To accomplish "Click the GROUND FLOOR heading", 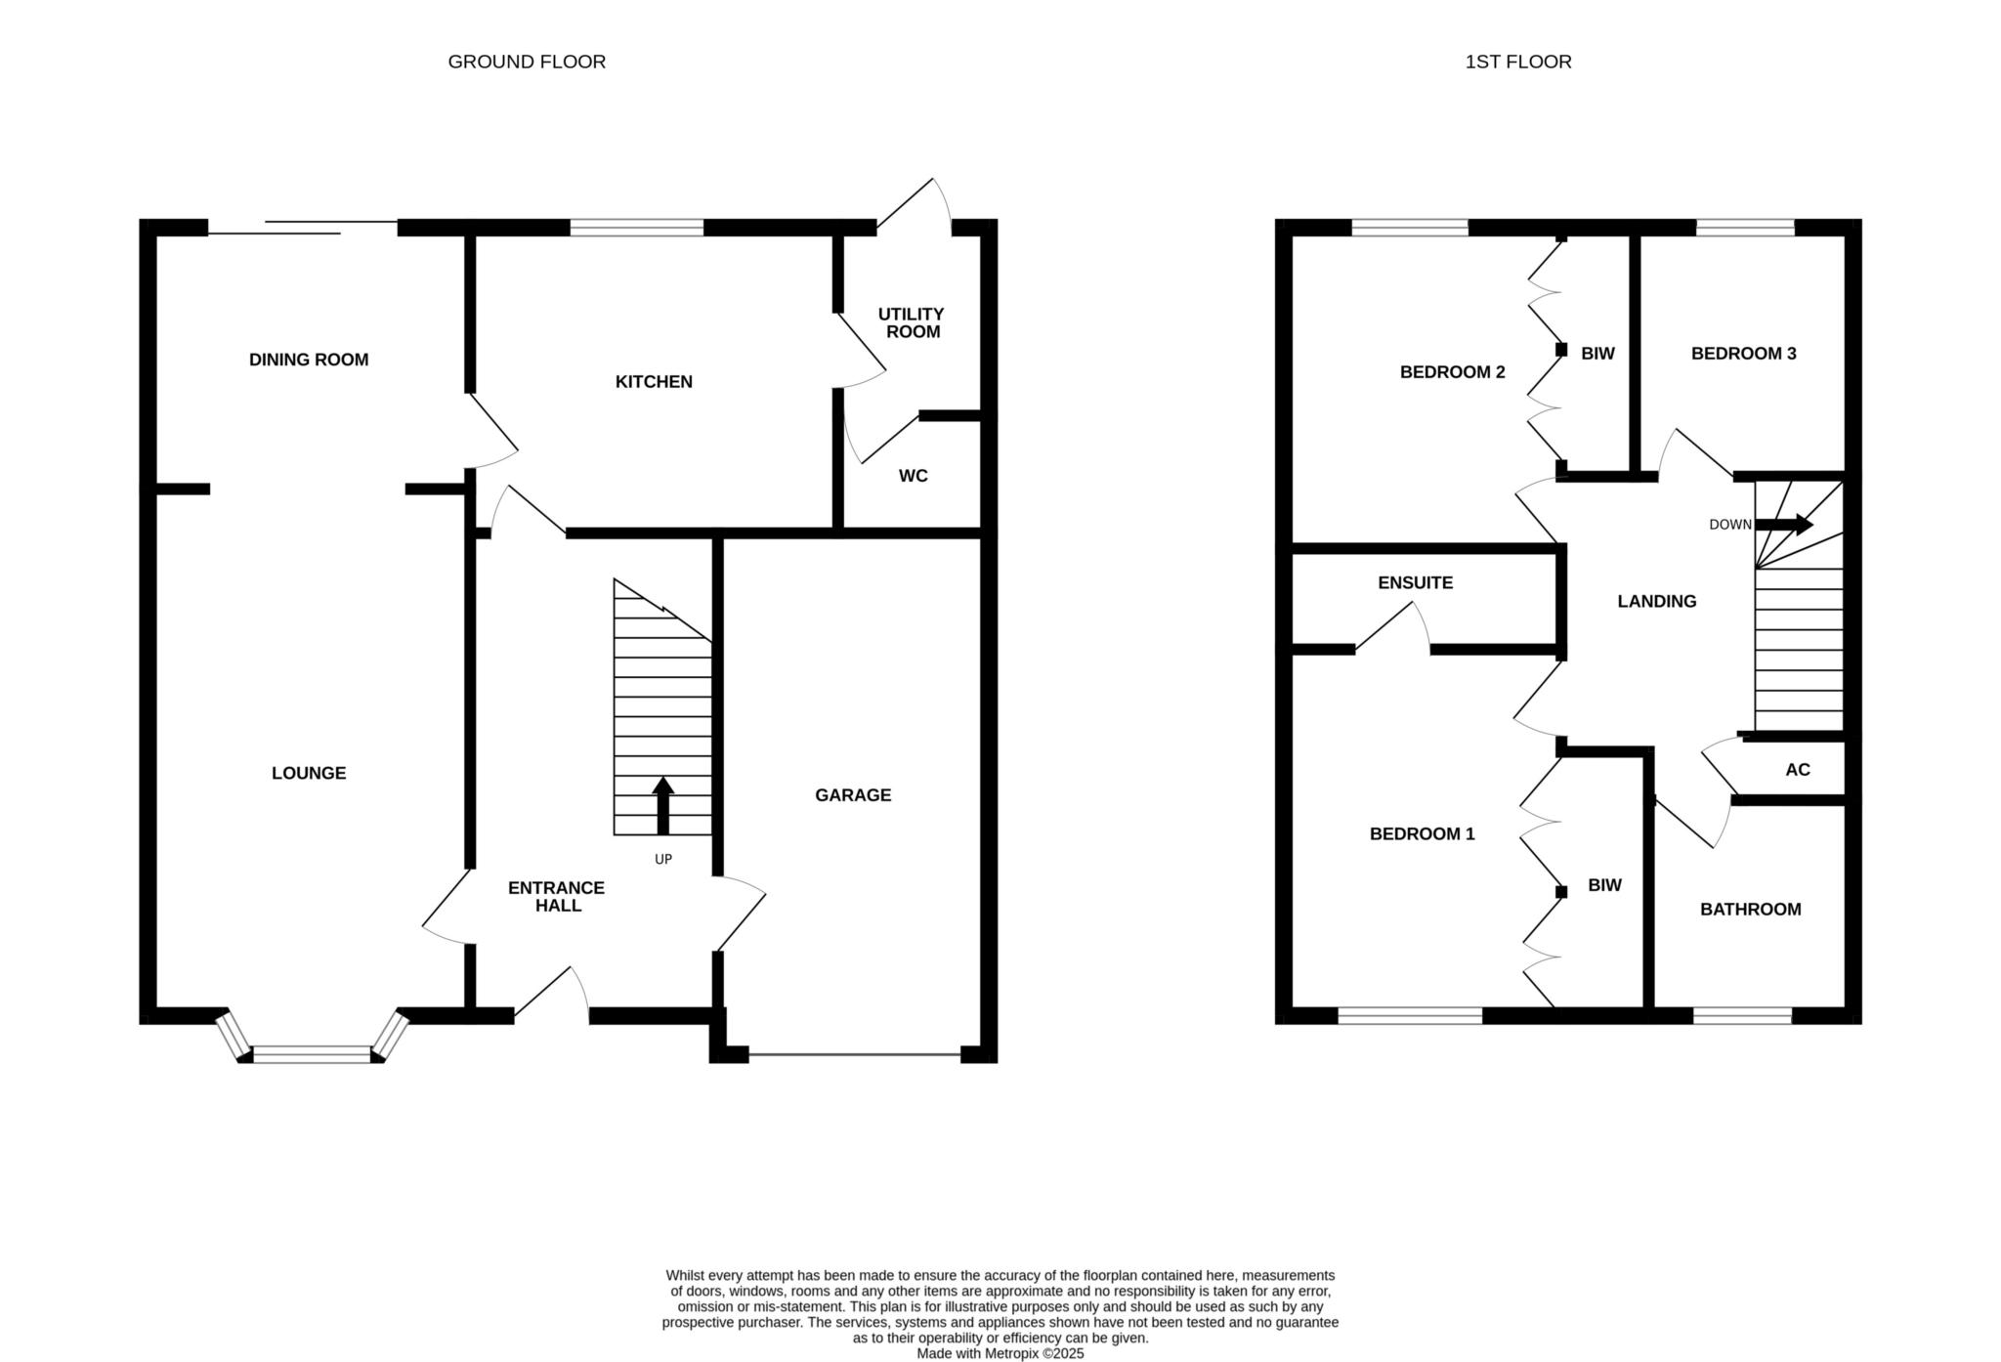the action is pyautogui.click(x=527, y=62).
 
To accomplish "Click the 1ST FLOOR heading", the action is pyautogui.click(x=1518, y=62).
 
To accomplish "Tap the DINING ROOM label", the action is pyautogui.click(x=309, y=360).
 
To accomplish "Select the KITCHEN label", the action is pyautogui.click(x=654, y=382).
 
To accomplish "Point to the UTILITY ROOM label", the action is pyautogui.click(x=911, y=322).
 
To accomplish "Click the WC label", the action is pyautogui.click(x=914, y=476).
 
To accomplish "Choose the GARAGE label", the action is pyautogui.click(x=853, y=795).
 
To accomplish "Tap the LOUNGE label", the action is pyautogui.click(x=309, y=773).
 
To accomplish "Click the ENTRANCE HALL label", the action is pyautogui.click(x=557, y=897).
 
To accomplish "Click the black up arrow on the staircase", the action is pyautogui.click(x=663, y=806).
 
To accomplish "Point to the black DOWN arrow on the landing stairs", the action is pyautogui.click(x=1784, y=525).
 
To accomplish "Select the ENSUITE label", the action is pyautogui.click(x=1416, y=583).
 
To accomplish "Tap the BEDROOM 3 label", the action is pyautogui.click(x=1744, y=354).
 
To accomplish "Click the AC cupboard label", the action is pyautogui.click(x=1798, y=770).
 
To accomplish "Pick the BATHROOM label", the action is pyautogui.click(x=1751, y=910).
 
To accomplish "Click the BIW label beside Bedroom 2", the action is pyautogui.click(x=1598, y=354).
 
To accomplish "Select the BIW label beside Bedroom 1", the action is pyautogui.click(x=1605, y=885).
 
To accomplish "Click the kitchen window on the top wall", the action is pyautogui.click(x=637, y=228).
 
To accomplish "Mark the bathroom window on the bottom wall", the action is pyautogui.click(x=1743, y=1015).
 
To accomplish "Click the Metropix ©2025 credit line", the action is pyautogui.click(x=1000, y=1354).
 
